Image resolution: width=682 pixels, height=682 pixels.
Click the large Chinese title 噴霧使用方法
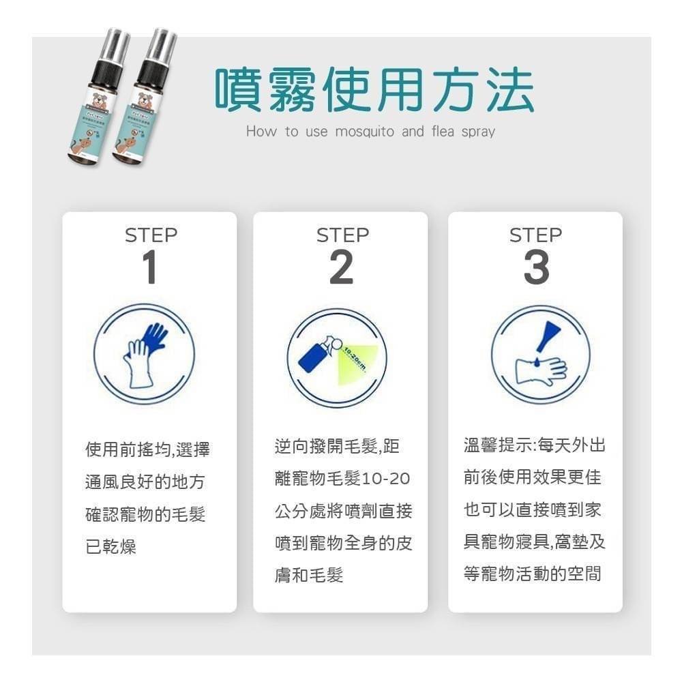click(374, 89)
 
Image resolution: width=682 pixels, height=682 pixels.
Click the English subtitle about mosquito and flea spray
click(370, 131)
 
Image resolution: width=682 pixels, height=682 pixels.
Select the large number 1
click(150, 268)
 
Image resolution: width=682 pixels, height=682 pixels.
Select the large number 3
click(536, 268)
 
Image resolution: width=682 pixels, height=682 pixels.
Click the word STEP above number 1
click(151, 235)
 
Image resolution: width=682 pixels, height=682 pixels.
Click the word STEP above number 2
click(342, 235)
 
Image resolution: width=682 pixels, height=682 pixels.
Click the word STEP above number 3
click(536, 235)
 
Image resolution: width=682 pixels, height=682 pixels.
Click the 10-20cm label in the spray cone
click(355, 358)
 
